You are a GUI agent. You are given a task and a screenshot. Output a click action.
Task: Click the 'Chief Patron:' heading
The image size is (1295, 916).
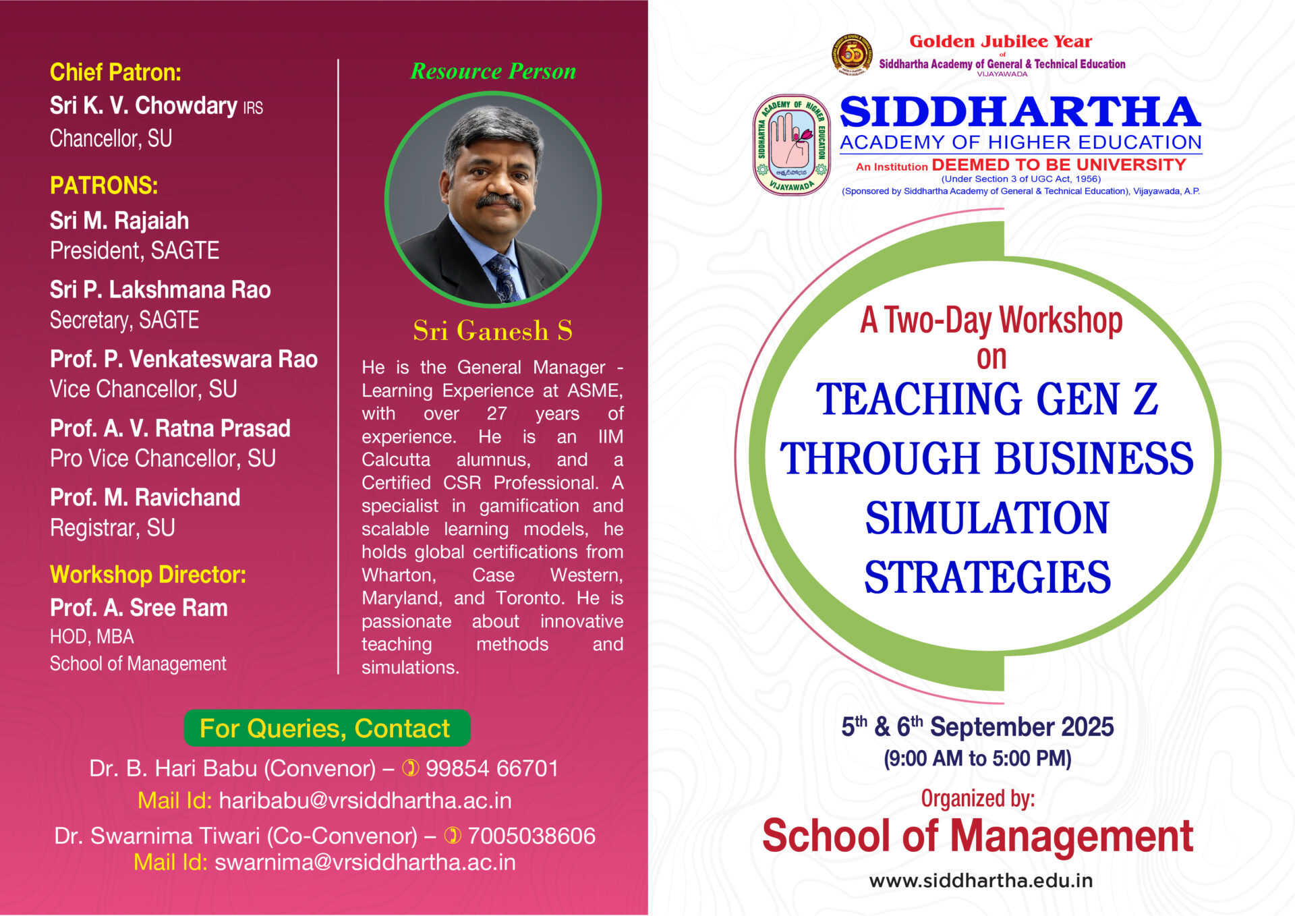(115, 72)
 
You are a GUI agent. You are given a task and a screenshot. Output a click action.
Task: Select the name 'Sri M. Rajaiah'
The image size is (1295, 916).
(119, 221)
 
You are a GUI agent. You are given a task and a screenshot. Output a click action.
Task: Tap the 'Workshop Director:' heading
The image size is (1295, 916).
(148, 575)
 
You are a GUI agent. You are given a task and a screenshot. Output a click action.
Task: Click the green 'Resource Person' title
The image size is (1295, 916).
(493, 71)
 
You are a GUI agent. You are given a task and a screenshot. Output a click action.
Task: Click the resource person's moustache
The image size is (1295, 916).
(498, 200)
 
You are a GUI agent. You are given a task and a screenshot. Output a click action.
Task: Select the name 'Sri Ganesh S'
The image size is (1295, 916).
(493, 331)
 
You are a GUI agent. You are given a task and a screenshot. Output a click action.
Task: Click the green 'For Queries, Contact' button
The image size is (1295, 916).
(327, 728)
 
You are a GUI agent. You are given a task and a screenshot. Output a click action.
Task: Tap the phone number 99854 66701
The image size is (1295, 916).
(492, 768)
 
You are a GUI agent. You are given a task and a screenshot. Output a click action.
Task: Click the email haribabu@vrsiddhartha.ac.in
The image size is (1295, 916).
(366, 801)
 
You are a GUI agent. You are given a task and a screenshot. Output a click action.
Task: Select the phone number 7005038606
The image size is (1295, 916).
(531, 836)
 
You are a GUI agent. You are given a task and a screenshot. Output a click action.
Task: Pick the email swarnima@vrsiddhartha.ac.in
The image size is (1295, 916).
(365, 862)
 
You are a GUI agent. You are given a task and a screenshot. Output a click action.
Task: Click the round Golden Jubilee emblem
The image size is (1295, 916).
(852, 54)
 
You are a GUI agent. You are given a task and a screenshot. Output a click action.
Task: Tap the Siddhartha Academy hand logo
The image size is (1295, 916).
(792, 144)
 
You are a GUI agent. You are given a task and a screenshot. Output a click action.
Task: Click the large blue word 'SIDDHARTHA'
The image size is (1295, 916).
(1020, 112)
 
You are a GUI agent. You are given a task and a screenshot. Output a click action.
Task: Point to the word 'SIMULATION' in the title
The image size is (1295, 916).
(987, 518)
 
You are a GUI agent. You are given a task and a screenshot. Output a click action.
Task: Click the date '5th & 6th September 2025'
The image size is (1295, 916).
(977, 726)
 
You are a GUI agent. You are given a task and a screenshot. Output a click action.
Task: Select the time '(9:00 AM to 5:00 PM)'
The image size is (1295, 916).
(977, 758)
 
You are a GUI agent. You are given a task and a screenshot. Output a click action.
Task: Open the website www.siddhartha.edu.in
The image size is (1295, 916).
(981, 880)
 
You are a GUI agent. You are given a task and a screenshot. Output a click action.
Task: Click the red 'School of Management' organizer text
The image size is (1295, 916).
(977, 836)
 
